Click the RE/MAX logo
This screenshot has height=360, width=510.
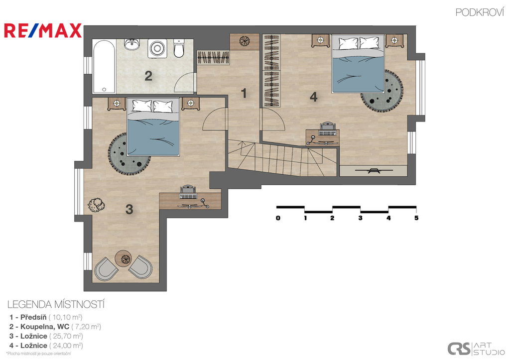pyautogui.click(x=43, y=30)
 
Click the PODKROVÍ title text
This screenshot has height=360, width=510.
pyautogui.click(x=479, y=12)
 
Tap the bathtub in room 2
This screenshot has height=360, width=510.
pyautogui.click(x=104, y=67)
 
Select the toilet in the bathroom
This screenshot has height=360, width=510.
pyautogui.click(x=179, y=48)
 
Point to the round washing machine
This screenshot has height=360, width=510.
pyautogui.click(x=157, y=49)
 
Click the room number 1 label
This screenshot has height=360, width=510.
pyautogui.click(x=244, y=93)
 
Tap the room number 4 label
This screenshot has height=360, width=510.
pyautogui.click(x=314, y=97)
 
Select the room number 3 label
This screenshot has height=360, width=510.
pyautogui.click(x=129, y=209)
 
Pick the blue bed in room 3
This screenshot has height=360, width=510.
pyautogui.click(x=153, y=127)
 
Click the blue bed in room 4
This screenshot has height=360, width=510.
pyautogui.click(x=358, y=64)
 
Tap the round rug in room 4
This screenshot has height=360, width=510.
pyautogui.click(x=382, y=91)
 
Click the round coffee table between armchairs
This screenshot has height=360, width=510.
pyautogui.click(x=124, y=258)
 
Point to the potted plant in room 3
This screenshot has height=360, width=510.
pyautogui.click(x=96, y=205)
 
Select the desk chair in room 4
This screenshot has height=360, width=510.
pyautogui.click(x=327, y=129)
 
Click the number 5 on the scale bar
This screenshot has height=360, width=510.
pyautogui.click(x=416, y=218)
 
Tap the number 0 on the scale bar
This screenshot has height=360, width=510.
pyautogui.click(x=278, y=218)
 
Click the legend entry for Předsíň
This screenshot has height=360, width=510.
pyautogui.click(x=46, y=317)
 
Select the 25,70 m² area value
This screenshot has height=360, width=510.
pyautogui.click(x=66, y=336)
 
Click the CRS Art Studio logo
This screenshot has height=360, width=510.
pyautogui.click(x=476, y=349)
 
